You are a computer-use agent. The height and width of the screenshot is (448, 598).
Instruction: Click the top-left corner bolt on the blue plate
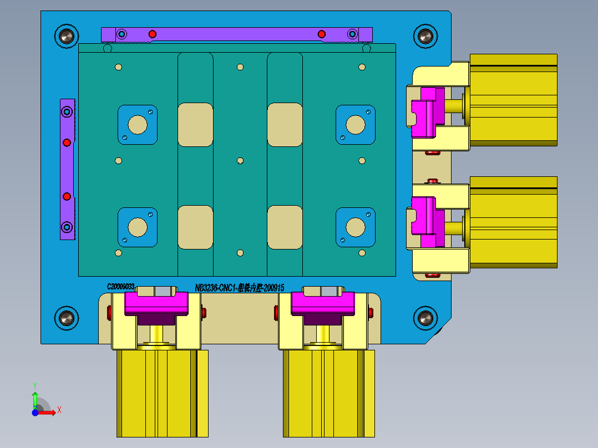(x=67, y=37)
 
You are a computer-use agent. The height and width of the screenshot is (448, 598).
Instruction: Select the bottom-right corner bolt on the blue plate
(x=425, y=318)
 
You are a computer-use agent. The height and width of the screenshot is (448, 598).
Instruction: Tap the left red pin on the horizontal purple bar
(x=153, y=34)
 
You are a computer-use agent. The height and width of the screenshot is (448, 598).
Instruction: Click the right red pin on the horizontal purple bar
(x=322, y=34)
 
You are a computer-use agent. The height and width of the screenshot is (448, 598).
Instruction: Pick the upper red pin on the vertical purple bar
(x=67, y=142)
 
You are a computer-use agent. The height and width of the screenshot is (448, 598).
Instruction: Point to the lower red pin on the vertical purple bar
(x=67, y=196)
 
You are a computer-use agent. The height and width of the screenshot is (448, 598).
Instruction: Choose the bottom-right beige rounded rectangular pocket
(x=285, y=227)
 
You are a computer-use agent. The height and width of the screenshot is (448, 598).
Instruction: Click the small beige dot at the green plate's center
(x=240, y=161)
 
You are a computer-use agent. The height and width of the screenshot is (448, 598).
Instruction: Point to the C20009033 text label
(x=121, y=287)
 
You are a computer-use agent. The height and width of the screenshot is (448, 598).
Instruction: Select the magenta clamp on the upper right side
(x=428, y=112)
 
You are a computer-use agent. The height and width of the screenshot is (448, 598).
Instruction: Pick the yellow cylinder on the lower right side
(x=513, y=222)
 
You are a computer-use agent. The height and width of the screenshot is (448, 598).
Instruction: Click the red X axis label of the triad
(x=59, y=410)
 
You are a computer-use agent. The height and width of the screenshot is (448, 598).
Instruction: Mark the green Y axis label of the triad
(x=35, y=384)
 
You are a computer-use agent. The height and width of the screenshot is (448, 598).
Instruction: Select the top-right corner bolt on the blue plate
(x=425, y=37)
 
